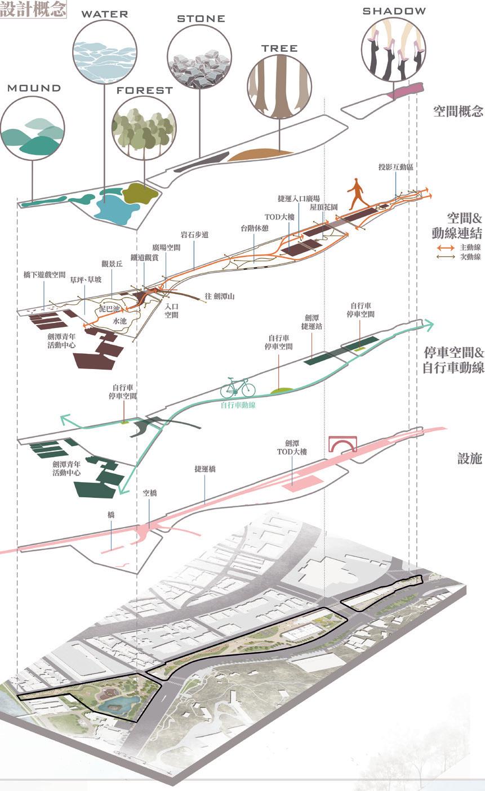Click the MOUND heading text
click(x=34, y=88)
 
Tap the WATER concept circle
click(x=104, y=53)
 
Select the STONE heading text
click(x=201, y=19)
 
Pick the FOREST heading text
click(x=145, y=90)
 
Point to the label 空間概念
click(x=458, y=111)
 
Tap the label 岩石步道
click(x=195, y=235)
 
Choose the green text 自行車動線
click(x=238, y=404)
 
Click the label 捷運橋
click(x=205, y=468)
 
